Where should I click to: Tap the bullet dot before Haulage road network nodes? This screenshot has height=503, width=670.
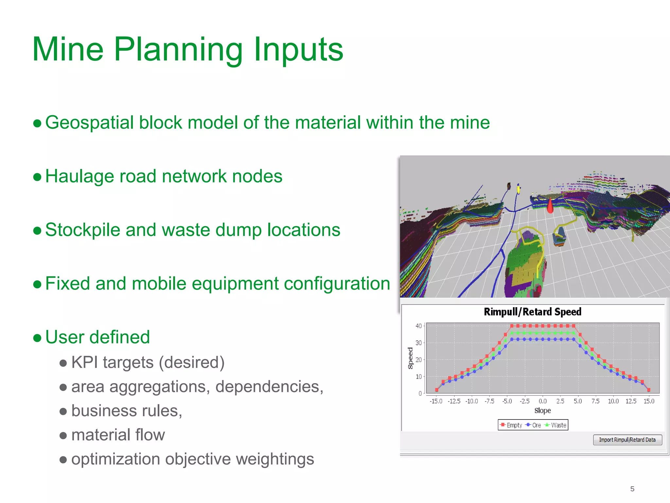[37, 177]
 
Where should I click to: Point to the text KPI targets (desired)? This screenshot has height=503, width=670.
[148, 363]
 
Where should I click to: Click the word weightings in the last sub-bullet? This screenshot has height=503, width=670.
[275, 459]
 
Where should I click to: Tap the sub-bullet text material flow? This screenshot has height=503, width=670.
[118, 435]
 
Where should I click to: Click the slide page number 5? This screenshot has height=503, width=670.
[632, 489]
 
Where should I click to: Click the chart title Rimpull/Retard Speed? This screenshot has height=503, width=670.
[533, 312]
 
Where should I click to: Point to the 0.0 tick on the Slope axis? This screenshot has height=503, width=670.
[542, 401]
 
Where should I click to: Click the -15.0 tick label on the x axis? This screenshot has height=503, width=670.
[436, 401]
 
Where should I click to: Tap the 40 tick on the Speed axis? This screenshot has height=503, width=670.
[418, 326]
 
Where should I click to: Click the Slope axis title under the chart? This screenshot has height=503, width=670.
[542, 411]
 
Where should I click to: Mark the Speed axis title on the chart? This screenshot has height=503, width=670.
[410, 358]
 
